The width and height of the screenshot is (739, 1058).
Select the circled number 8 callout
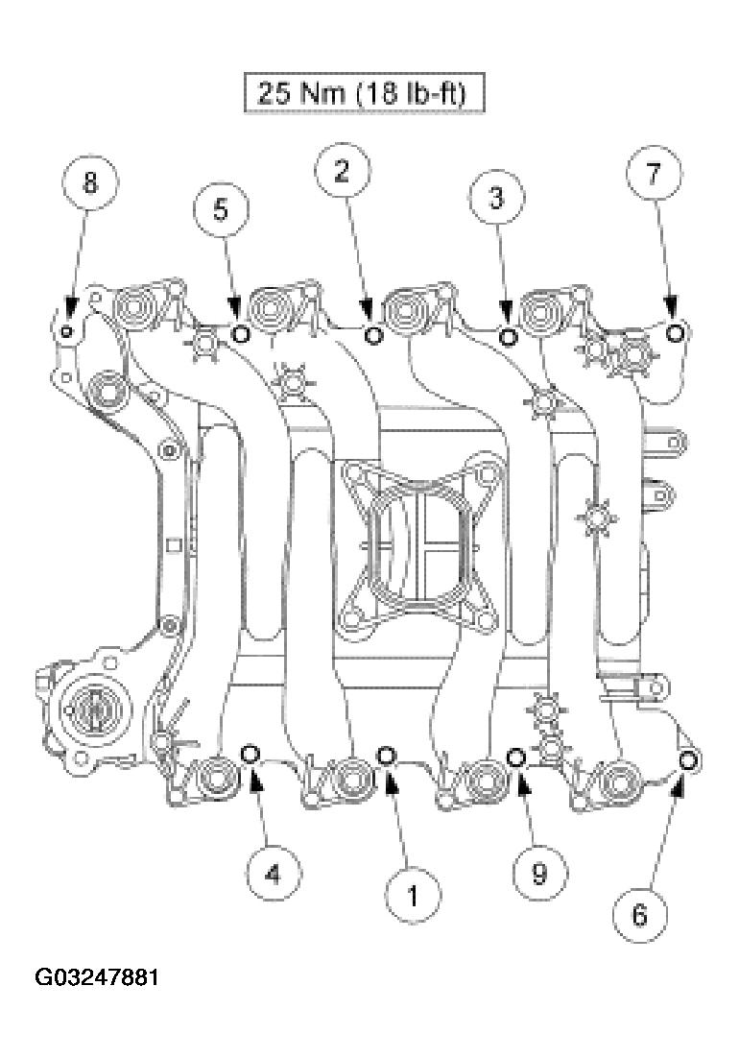tap(89, 182)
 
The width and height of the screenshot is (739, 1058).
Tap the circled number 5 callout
tap(220, 209)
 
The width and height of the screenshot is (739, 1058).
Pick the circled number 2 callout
tap(342, 172)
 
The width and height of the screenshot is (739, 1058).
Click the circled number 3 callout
tap(495, 199)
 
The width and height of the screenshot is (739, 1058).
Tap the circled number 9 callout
tap(538, 872)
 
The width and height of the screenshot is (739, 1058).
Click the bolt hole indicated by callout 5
tap(241, 333)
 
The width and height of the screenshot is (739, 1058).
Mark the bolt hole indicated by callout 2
tap(374, 334)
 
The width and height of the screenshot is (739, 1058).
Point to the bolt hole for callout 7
tap(676, 332)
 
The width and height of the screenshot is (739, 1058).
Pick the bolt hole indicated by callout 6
tap(688, 760)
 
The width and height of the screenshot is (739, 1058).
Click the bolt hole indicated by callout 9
tap(515, 757)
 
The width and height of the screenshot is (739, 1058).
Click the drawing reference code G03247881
tap(97, 979)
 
